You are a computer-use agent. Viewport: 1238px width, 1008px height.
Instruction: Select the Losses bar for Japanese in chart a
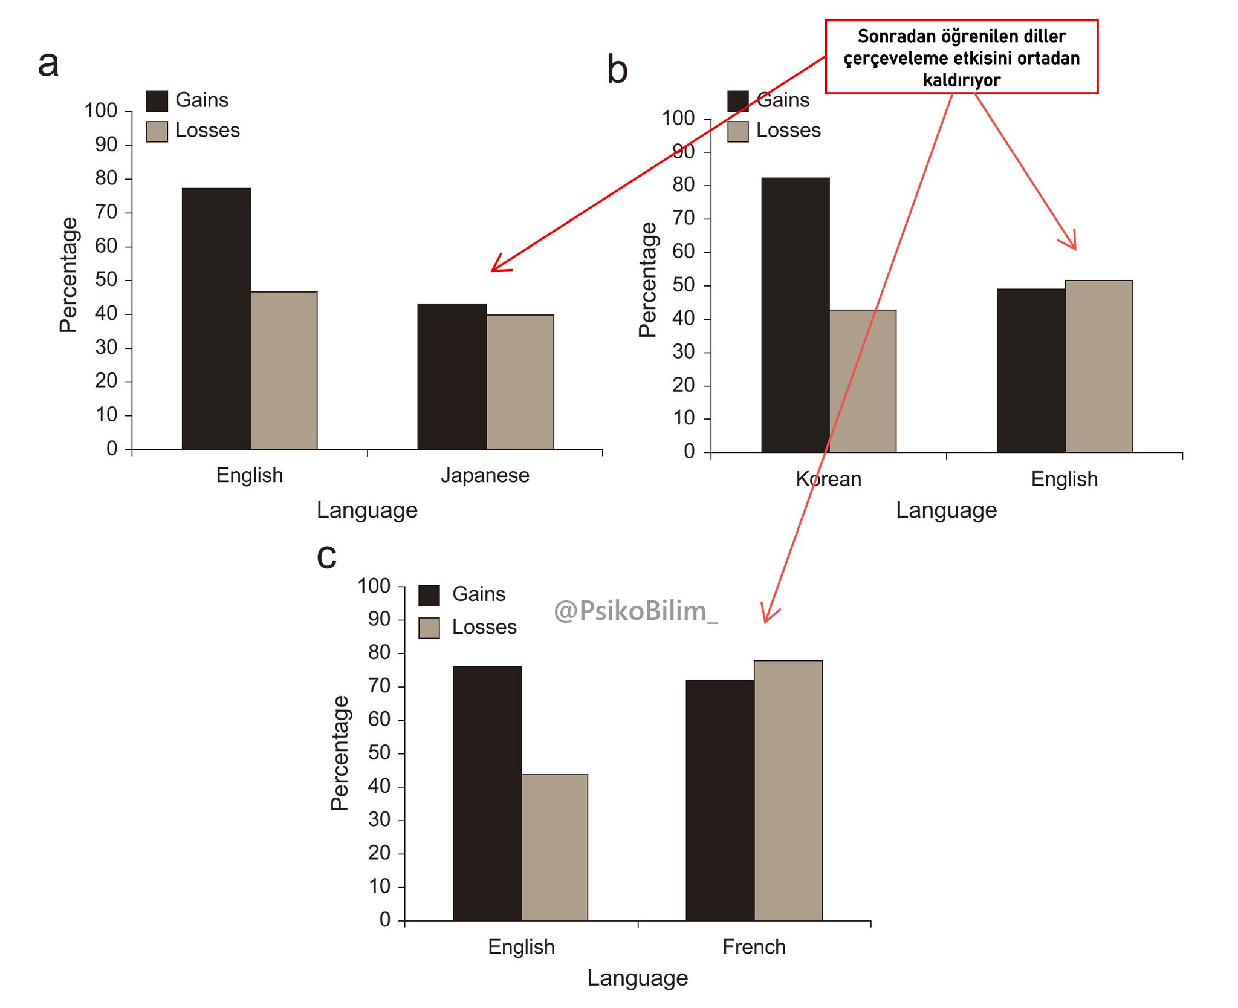520,382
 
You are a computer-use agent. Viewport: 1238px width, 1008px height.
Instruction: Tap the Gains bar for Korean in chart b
795,314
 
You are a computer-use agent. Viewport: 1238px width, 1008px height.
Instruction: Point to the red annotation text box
961,57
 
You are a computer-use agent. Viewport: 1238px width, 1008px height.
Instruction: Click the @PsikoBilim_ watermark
635,611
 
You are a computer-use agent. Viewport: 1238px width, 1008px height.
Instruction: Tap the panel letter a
48,63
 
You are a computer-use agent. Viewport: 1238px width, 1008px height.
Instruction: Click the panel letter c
326,557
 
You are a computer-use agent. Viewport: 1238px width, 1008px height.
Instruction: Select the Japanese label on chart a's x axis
485,475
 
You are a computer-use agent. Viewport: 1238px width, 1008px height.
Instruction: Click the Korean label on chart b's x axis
828,479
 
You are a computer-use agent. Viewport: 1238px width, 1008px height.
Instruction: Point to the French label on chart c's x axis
754,946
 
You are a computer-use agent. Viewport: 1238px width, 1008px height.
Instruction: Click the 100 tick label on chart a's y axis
100,111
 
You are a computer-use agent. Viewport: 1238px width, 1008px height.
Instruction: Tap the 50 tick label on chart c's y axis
379,753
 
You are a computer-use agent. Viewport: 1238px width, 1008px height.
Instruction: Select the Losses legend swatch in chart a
157,131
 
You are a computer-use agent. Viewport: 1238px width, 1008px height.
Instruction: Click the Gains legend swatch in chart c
429,595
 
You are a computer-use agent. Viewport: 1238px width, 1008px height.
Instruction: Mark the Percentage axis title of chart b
647,279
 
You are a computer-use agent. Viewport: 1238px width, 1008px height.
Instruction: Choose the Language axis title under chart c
637,978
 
